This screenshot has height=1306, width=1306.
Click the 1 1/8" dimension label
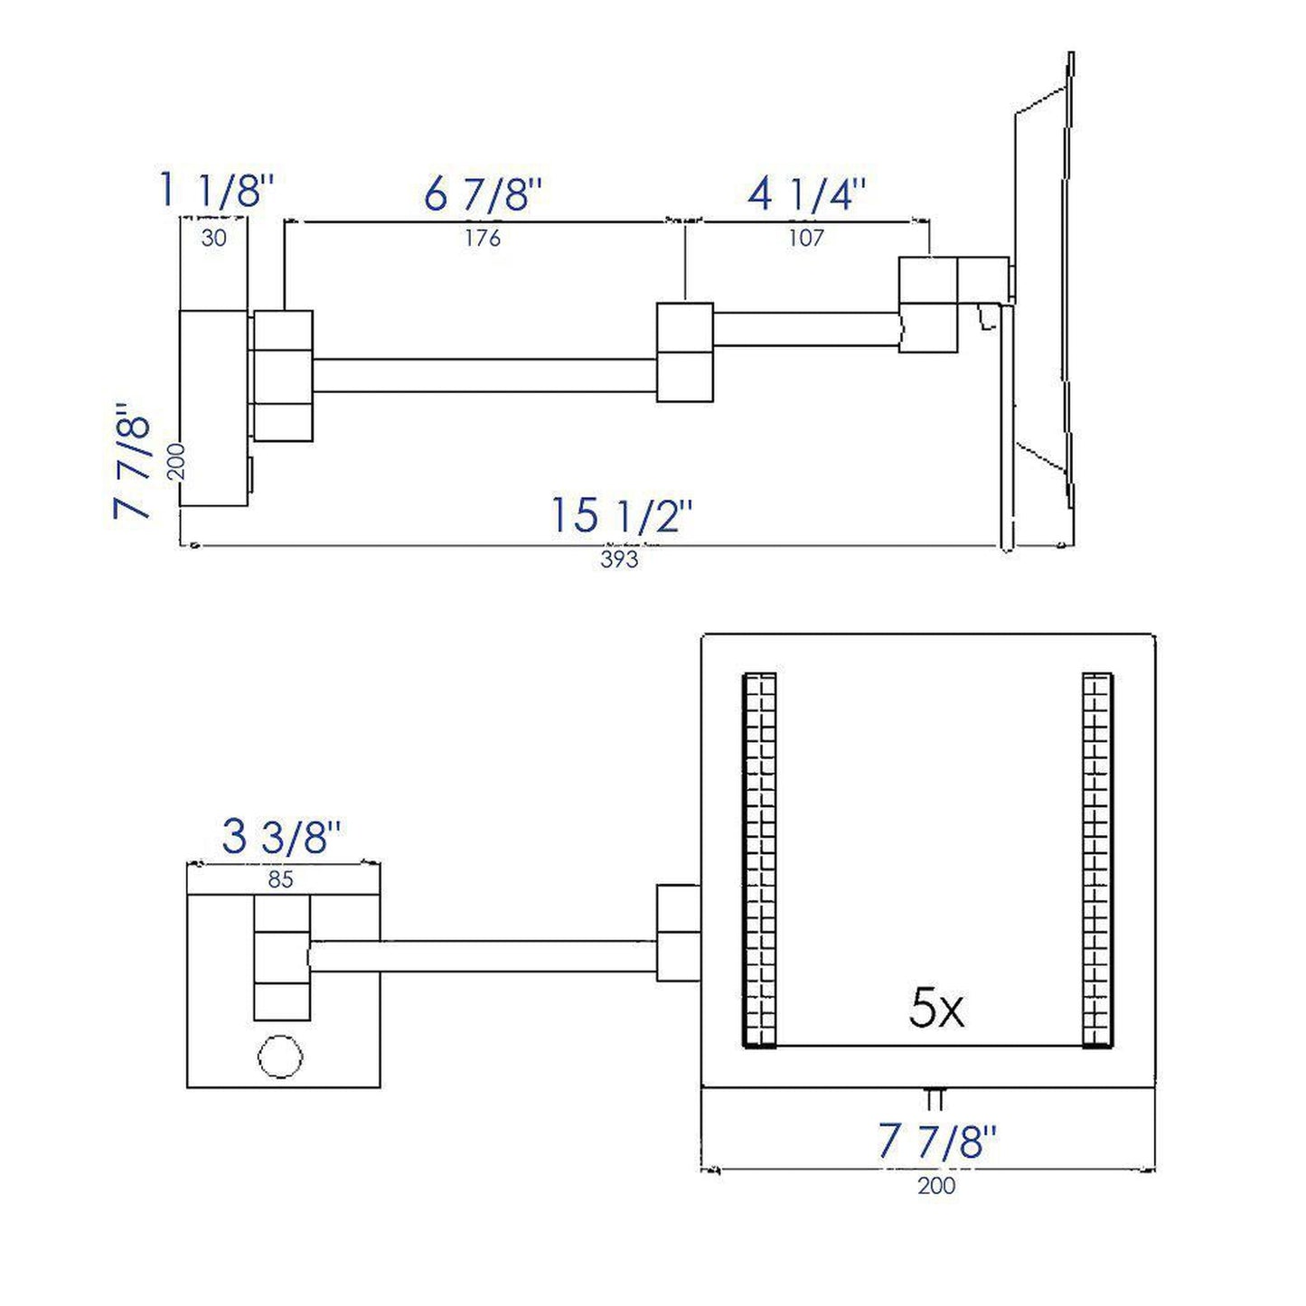[215, 191]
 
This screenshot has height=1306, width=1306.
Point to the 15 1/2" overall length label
[622, 516]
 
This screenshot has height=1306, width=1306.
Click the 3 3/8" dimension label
[281, 837]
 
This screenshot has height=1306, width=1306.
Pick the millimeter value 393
[619, 559]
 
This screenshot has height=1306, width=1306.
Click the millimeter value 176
[483, 238]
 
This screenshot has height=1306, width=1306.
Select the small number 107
[806, 238]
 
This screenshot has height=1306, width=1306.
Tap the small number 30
[214, 238]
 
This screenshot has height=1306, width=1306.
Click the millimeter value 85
[281, 878]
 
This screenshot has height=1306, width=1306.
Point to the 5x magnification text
[936, 1009]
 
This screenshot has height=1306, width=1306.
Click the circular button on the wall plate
[280, 1056]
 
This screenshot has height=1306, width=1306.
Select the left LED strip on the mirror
[759, 860]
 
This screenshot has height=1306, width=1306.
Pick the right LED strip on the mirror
[1097, 860]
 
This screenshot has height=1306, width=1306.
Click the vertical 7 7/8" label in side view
[133, 463]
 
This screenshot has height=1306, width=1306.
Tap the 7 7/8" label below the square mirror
[937, 1142]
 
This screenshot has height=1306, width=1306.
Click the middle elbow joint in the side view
[684, 352]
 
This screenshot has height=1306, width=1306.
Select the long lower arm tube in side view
[484, 375]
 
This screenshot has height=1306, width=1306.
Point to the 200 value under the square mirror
[936, 1185]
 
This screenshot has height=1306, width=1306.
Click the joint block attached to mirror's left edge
[678, 932]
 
